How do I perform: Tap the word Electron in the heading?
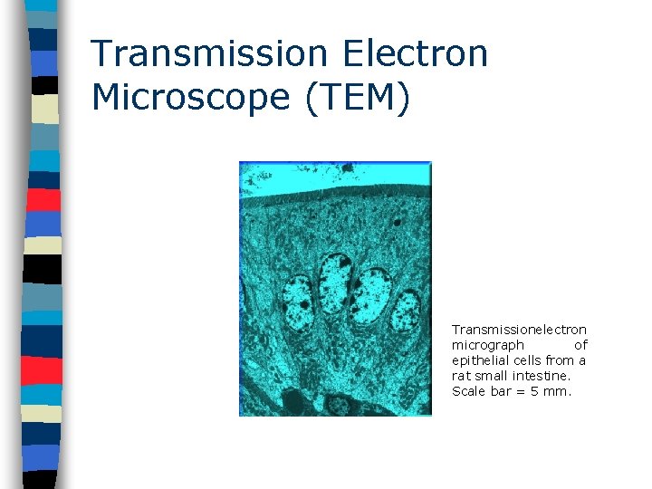click(x=415, y=53)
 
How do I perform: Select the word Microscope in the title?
click(x=191, y=97)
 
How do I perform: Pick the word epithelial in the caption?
click(x=480, y=360)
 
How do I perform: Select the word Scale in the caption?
click(x=467, y=391)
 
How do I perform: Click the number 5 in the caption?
click(x=537, y=391)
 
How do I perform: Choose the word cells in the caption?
click(x=531, y=360)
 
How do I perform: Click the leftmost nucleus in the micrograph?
click(x=298, y=303)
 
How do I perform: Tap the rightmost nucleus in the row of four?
click(x=407, y=311)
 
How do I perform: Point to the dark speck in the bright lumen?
click(x=347, y=168)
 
